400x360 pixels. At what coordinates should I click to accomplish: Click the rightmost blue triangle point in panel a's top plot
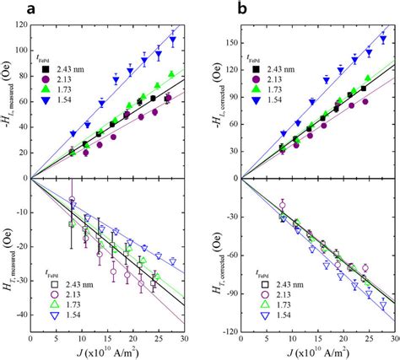point(173,40)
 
